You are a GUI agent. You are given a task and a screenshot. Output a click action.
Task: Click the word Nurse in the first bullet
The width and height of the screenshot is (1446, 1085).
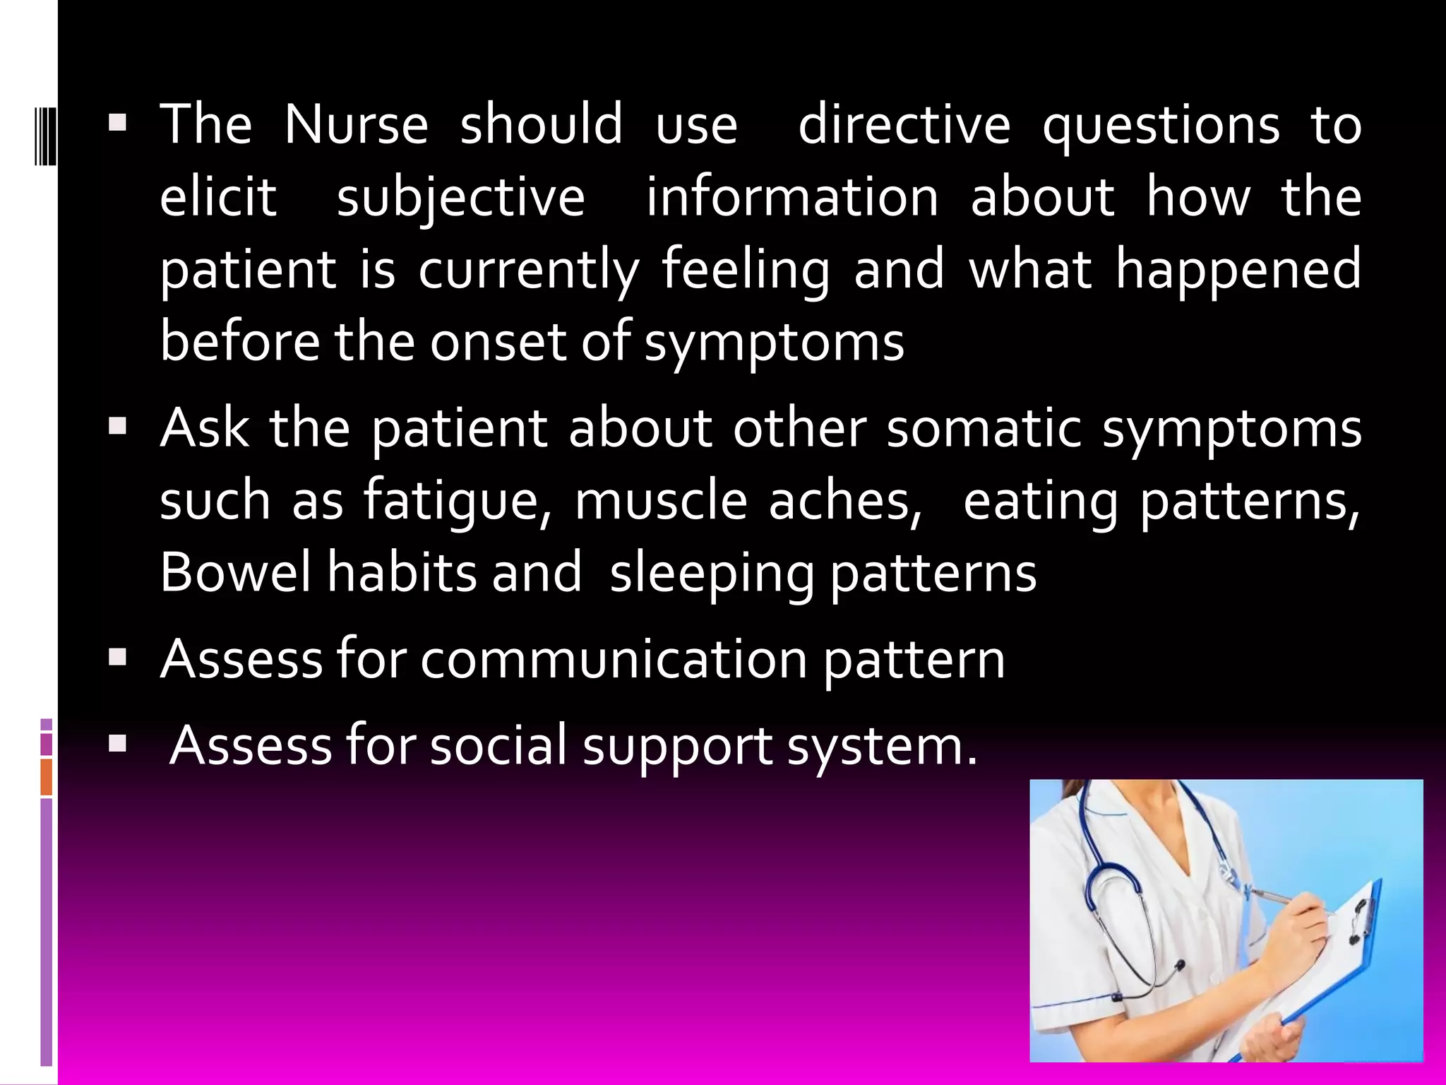pyautogui.click(x=356, y=125)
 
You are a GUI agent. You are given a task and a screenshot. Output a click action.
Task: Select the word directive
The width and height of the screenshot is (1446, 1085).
pyautogui.click(x=904, y=125)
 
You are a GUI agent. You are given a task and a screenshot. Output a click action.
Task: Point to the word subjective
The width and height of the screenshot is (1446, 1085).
pyautogui.click(x=460, y=198)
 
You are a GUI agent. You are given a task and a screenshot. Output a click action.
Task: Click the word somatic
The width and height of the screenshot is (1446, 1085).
pyautogui.click(x=984, y=429)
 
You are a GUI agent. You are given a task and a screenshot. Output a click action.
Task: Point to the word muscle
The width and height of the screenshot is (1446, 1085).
pyautogui.click(x=661, y=500)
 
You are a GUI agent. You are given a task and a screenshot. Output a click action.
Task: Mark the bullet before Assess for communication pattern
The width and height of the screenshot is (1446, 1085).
pyautogui.click(x=117, y=658)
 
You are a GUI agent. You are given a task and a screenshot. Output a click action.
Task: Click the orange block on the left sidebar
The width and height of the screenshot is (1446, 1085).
pyautogui.click(x=47, y=777)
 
